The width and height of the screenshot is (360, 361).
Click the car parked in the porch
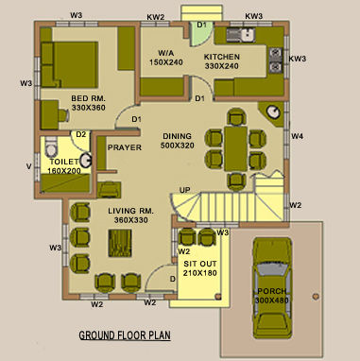(x=272, y=288)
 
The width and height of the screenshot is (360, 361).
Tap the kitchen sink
(x=241, y=35)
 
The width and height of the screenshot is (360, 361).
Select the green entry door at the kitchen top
(x=201, y=34)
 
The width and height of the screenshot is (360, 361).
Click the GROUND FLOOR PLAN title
(x=125, y=335)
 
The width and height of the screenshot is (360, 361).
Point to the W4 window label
(x=297, y=136)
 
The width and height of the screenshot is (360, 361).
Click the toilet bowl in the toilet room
(x=51, y=146)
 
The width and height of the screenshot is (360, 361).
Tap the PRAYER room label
(x=125, y=147)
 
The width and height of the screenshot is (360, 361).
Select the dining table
(x=235, y=148)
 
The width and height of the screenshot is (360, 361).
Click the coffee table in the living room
(x=120, y=243)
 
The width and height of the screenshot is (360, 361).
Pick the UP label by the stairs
(x=185, y=190)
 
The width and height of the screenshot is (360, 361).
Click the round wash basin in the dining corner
(x=273, y=112)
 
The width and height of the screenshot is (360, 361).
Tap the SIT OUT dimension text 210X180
(x=200, y=273)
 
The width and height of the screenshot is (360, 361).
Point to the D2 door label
(x=81, y=134)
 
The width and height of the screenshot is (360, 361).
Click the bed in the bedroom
(x=69, y=64)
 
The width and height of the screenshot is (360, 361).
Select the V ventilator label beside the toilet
(x=29, y=166)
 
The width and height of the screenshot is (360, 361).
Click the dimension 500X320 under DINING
(x=178, y=146)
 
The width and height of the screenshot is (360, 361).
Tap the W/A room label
(x=166, y=53)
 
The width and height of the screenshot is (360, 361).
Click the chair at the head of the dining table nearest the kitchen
(x=235, y=117)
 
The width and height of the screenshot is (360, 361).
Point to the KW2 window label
(x=156, y=17)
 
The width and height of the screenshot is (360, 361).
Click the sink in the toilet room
(x=85, y=161)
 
